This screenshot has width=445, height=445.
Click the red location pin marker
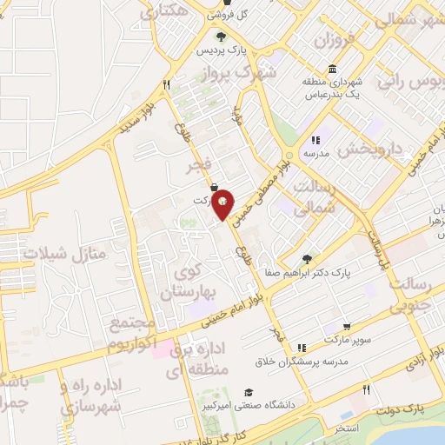tap(223, 203)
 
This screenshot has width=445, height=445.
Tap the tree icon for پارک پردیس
tap(221, 37)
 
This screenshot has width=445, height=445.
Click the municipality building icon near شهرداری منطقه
tap(333, 70)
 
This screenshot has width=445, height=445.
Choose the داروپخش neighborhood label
tap(370, 149)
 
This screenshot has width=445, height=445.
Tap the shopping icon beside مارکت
tap(214, 186)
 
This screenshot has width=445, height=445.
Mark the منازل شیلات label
tap(63, 253)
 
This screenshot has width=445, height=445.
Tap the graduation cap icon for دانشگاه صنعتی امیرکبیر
tap(249, 392)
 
